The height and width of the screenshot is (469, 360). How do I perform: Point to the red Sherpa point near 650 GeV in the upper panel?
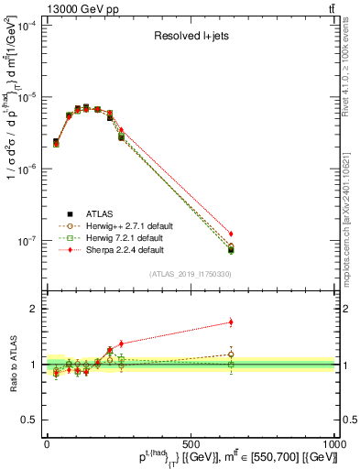[231, 234]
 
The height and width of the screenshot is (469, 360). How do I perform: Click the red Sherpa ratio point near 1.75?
[231, 322]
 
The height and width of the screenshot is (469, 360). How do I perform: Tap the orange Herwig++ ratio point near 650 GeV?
[231, 354]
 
